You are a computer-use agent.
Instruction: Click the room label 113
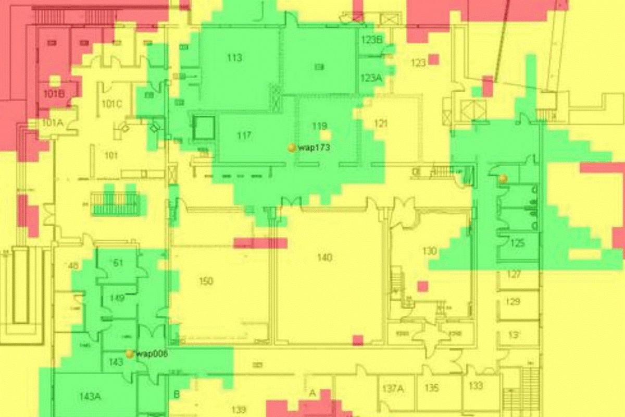pos(234,58)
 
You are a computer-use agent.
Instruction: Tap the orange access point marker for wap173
pos(292,148)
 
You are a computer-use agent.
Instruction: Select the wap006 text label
pos(152,354)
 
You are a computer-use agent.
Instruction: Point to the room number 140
pos(324,257)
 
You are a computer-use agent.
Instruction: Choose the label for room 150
pos(206,281)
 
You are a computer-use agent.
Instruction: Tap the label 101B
pos(53,94)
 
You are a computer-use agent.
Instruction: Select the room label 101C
pos(111,104)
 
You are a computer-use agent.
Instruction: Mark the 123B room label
pos(372,40)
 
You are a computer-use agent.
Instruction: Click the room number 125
pos(517,243)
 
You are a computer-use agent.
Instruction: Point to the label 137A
pos(393,388)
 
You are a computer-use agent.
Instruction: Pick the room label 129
pos(514,302)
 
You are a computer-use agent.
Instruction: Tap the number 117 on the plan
pos(244,136)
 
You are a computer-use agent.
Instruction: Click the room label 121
pos(381,124)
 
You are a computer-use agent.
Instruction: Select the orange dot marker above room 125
pos(503,179)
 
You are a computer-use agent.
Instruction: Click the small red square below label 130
pos(423,286)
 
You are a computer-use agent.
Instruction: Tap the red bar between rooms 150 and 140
pos(260,243)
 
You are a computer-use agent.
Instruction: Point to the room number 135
pos(431,388)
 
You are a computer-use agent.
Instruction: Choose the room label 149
pos(117,298)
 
